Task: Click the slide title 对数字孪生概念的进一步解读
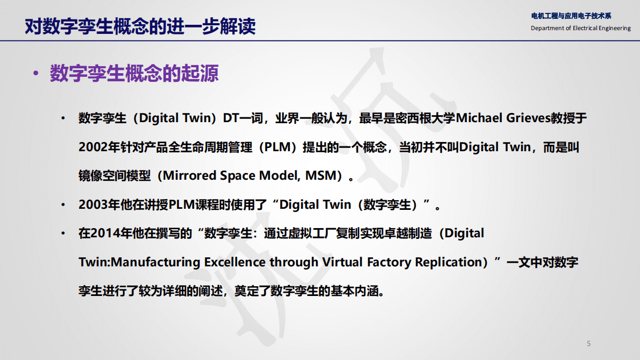click(x=140, y=26)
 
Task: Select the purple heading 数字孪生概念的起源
click(x=134, y=73)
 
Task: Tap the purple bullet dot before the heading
click(x=36, y=74)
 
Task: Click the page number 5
click(x=588, y=343)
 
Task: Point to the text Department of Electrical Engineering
click(x=580, y=28)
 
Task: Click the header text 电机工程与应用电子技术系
click(x=571, y=16)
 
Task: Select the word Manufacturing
click(x=155, y=263)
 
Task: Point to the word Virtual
click(x=343, y=263)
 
